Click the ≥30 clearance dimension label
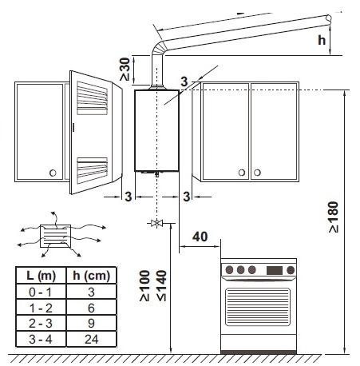coord(125,70)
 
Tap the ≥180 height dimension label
coord(333,217)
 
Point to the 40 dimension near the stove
coord(200,237)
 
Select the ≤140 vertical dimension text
coord(161,286)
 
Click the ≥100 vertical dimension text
coord(145,286)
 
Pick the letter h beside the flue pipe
coord(322,40)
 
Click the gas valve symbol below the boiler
coord(156,223)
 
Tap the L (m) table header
coord(41,276)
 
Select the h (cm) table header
coord(91,276)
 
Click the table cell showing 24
coord(91,339)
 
